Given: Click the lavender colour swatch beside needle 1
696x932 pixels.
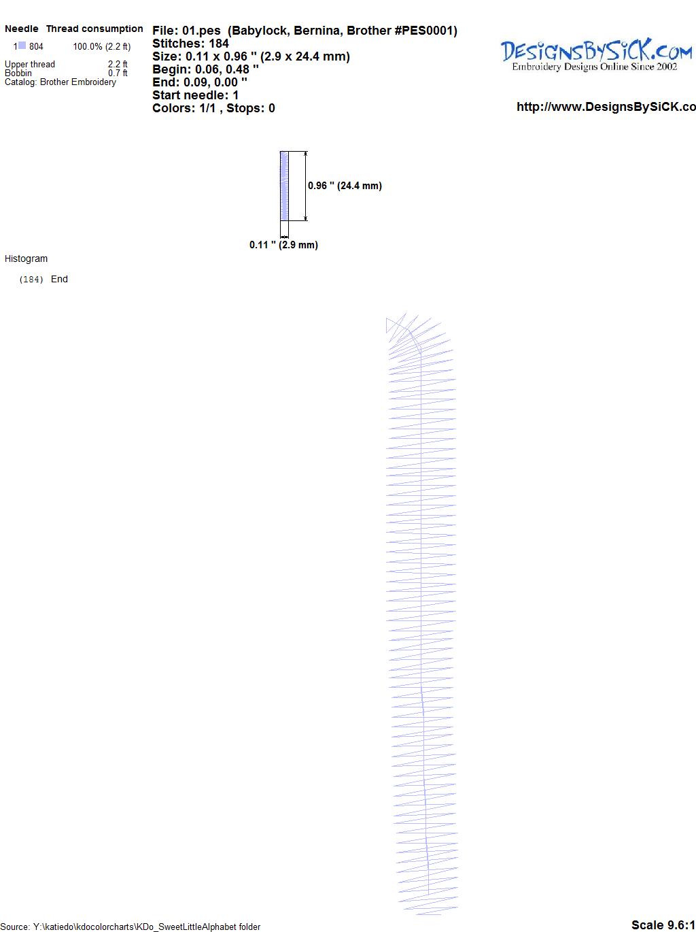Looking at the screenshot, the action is pyautogui.click(x=22, y=46).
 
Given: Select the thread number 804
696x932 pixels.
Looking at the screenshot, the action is pyautogui.click(x=36, y=46).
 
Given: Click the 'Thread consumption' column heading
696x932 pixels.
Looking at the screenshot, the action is pyautogui.click(x=94, y=29).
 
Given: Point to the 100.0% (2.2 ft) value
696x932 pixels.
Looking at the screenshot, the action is pyautogui.click(x=102, y=47).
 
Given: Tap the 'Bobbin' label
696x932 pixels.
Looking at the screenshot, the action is pyautogui.click(x=18, y=73).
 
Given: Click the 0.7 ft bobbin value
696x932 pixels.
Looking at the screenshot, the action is pyautogui.click(x=118, y=73).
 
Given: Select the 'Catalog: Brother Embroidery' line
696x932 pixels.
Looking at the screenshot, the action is pyautogui.click(x=60, y=82).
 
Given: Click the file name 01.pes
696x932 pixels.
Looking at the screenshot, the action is pyautogui.click(x=201, y=31).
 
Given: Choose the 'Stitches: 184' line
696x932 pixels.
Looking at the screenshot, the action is pyautogui.click(x=190, y=44).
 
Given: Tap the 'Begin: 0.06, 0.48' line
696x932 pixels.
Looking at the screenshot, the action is pyautogui.click(x=205, y=69).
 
